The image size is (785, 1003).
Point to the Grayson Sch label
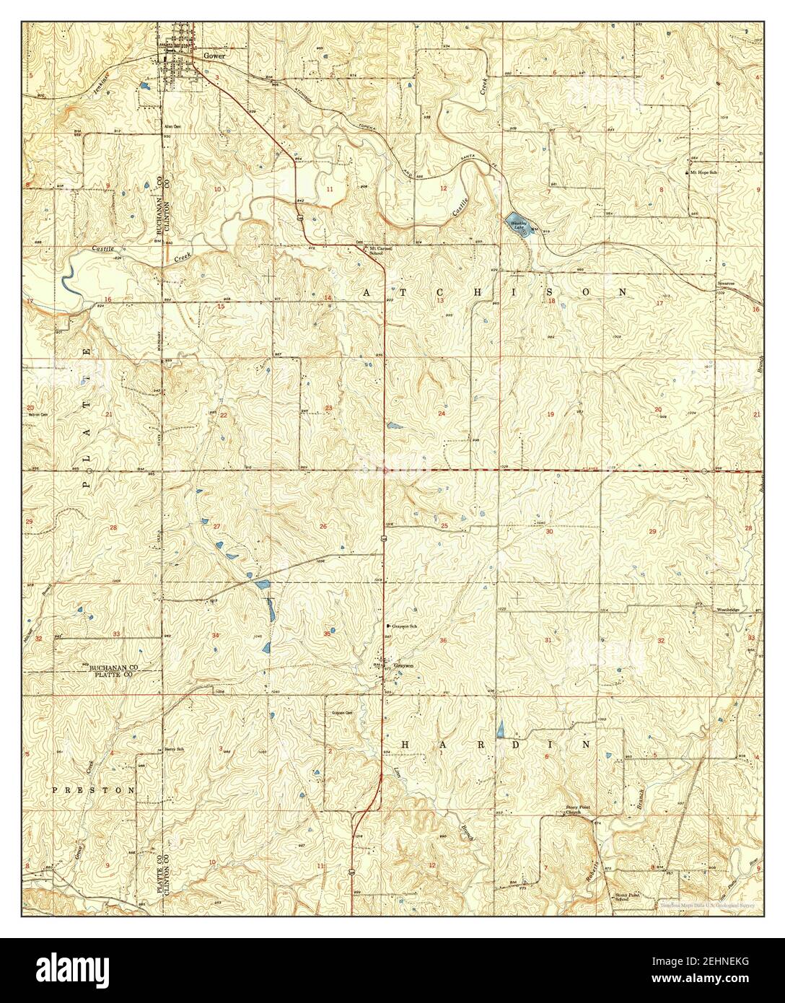(x=405, y=626)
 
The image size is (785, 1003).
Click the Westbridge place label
(x=728, y=610)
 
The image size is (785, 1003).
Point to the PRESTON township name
(x=93, y=790)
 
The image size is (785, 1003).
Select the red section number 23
(x=329, y=408)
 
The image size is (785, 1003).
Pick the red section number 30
(x=549, y=532)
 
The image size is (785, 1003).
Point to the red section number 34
(x=215, y=635)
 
